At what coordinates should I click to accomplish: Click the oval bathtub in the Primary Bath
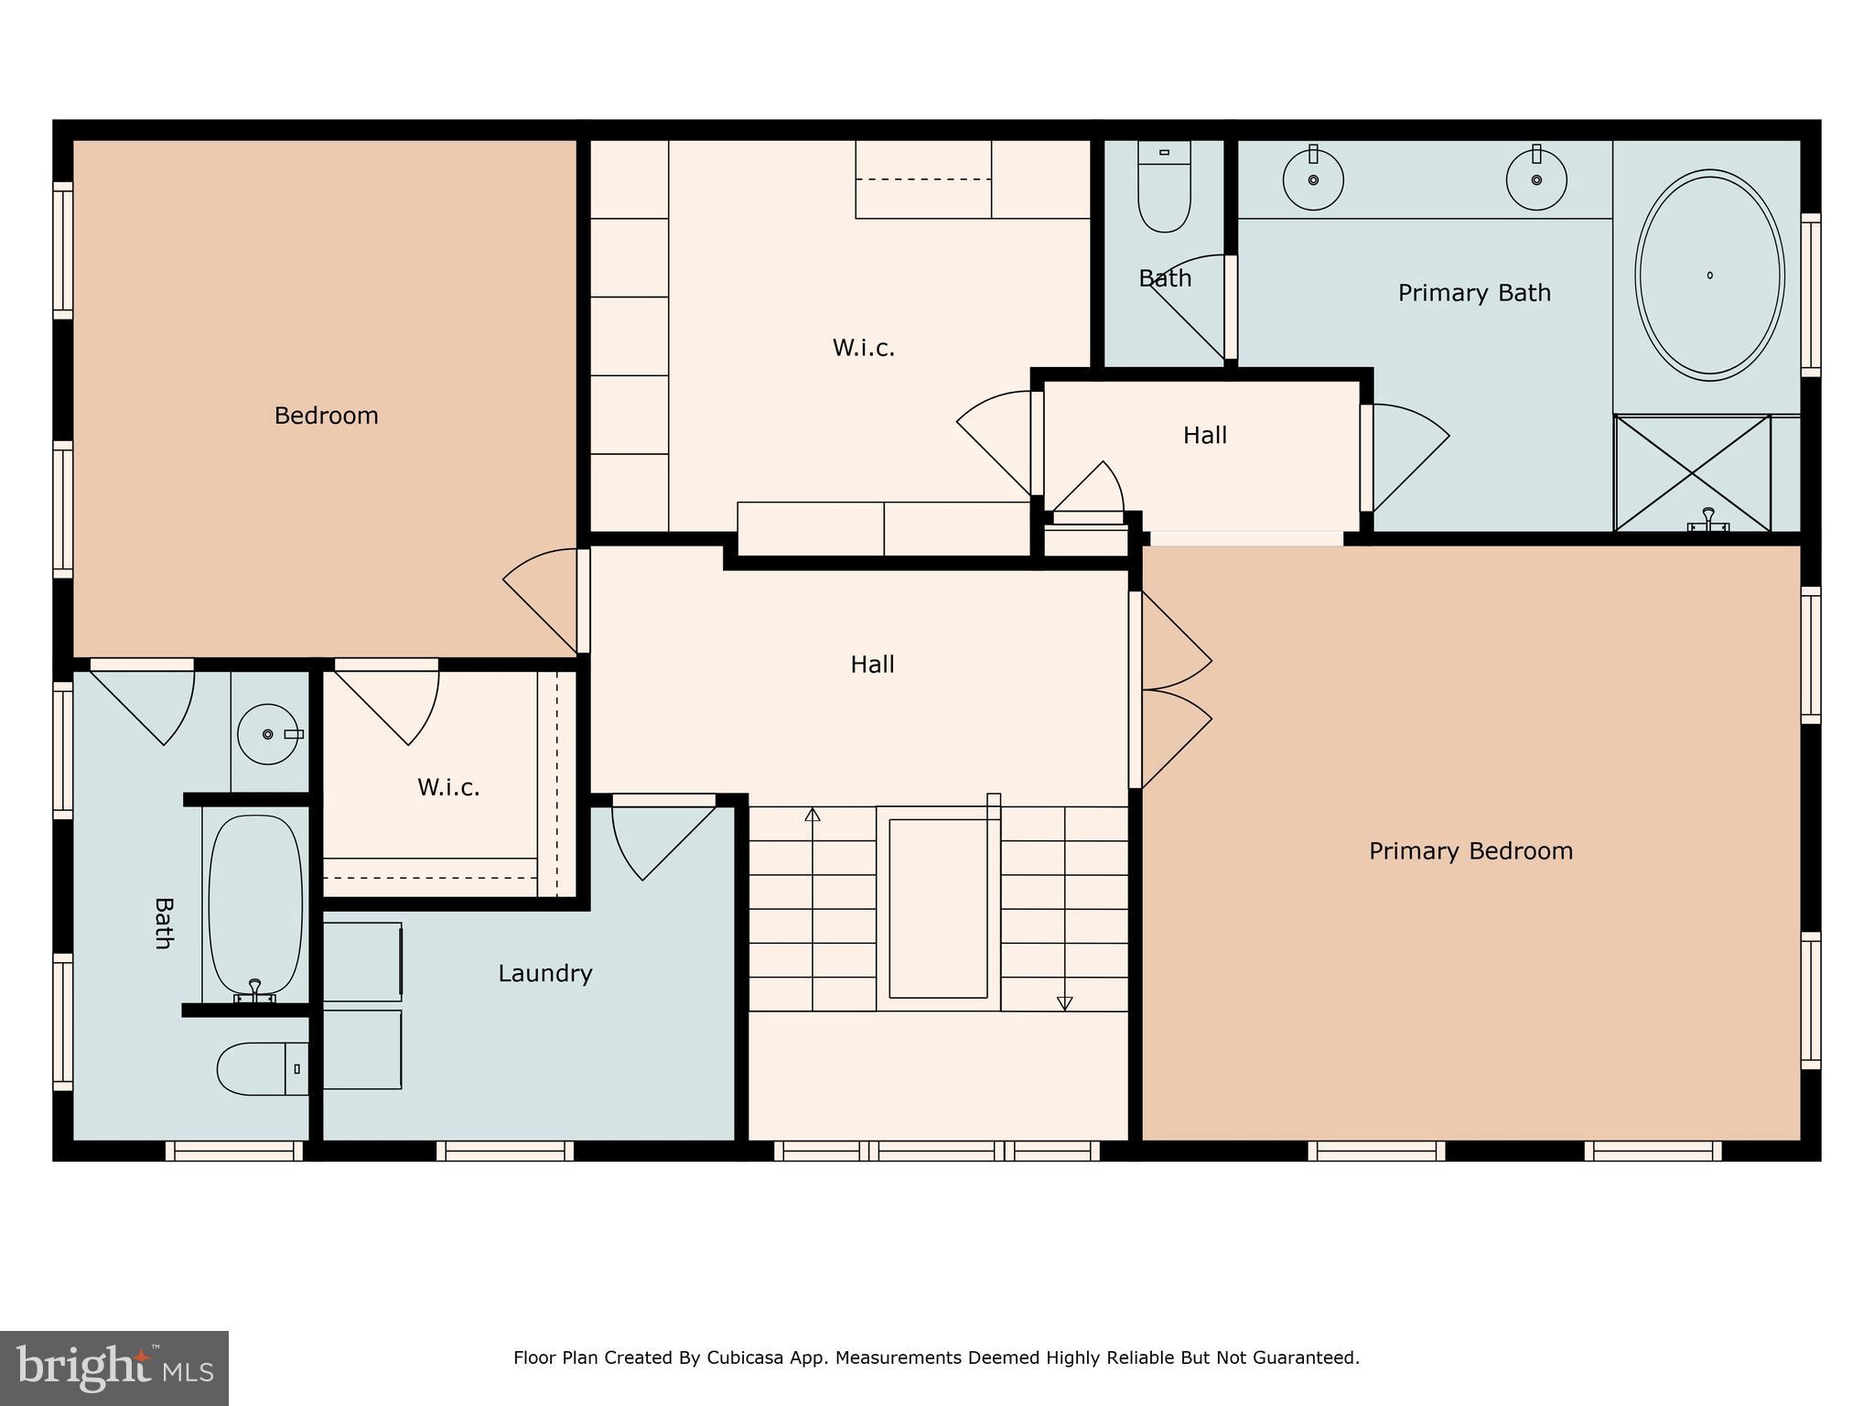pyautogui.click(x=1709, y=275)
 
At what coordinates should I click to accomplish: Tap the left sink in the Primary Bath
pyautogui.click(x=1313, y=180)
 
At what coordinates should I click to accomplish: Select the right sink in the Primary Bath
pyautogui.click(x=1536, y=180)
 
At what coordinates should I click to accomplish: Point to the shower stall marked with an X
pyautogui.click(x=1692, y=472)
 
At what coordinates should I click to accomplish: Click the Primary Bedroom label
pyautogui.click(x=1470, y=851)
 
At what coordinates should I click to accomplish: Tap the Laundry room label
pyautogui.click(x=544, y=973)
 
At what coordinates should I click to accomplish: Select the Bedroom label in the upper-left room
pyautogui.click(x=326, y=416)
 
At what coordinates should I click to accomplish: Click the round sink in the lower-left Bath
pyautogui.click(x=268, y=734)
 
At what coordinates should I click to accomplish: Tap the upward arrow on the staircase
pyautogui.click(x=812, y=815)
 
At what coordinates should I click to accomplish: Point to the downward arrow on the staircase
pyautogui.click(x=1064, y=1003)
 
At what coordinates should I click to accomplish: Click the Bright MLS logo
pyautogui.click(x=113, y=1368)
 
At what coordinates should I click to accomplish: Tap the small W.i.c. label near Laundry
pyautogui.click(x=448, y=787)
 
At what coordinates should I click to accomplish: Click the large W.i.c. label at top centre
pyautogui.click(x=863, y=348)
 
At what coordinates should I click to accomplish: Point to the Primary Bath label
pyautogui.click(x=1474, y=293)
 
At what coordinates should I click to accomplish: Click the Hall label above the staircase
pyautogui.click(x=872, y=665)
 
